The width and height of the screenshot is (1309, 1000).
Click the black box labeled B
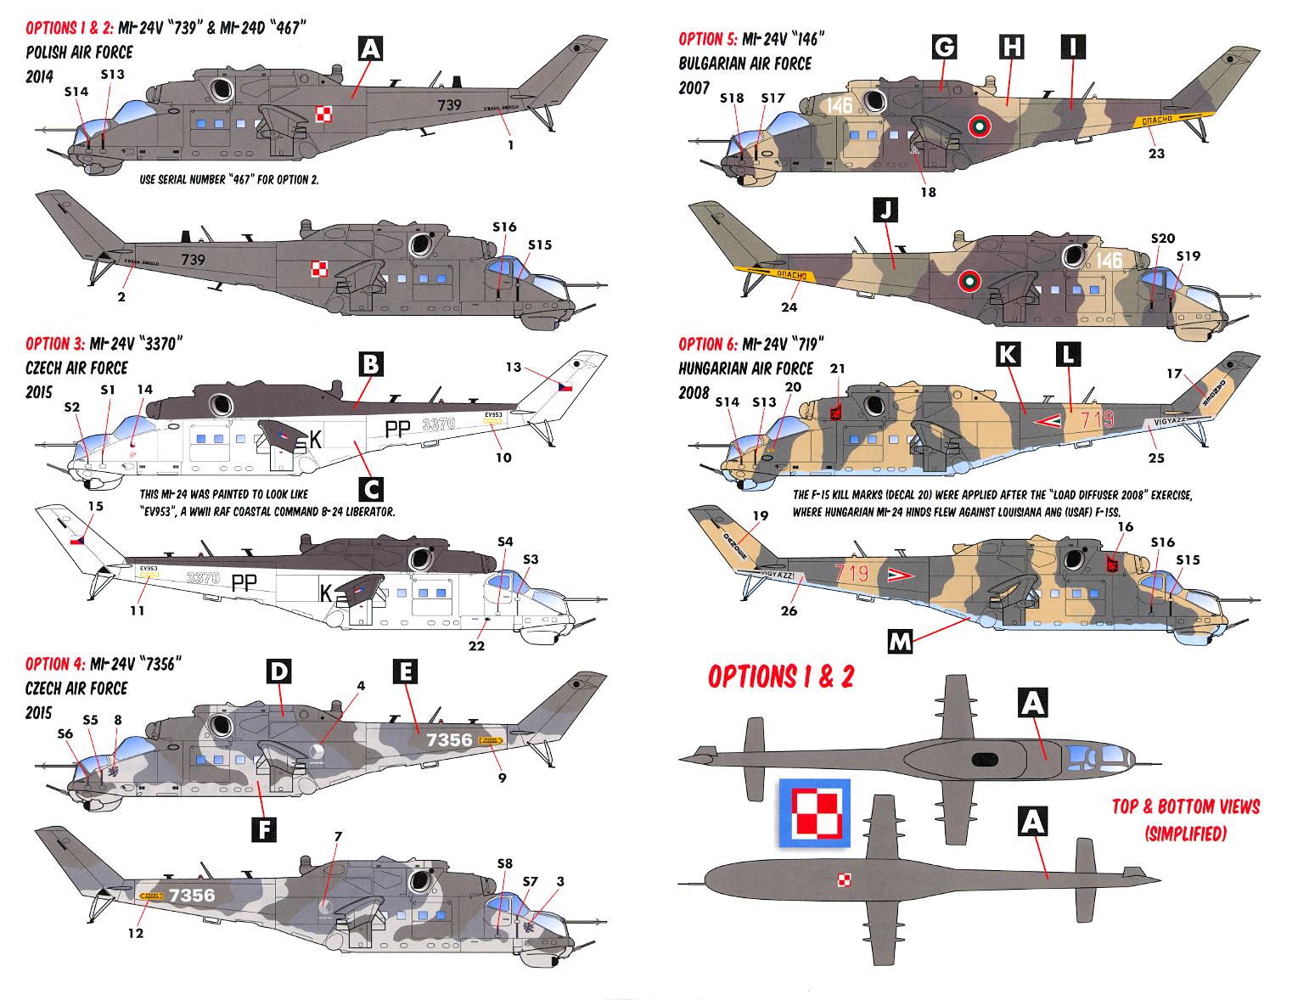point(370,365)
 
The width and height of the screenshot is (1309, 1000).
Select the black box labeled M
point(900,643)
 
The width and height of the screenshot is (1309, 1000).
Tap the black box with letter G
point(943,48)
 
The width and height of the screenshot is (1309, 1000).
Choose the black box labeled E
point(405,672)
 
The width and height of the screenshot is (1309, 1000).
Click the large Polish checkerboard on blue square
point(813,812)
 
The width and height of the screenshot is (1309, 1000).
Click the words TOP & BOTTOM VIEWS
point(1185,806)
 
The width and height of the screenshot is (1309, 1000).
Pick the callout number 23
point(1156,154)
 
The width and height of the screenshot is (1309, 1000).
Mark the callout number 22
point(476,646)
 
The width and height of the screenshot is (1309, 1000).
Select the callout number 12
point(136,933)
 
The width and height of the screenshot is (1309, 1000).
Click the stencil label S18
point(731,98)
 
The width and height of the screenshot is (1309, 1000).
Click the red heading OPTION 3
point(55,344)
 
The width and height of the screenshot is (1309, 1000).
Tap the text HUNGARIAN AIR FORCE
point(745,368)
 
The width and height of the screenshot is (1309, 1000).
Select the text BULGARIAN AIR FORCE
point(744,64)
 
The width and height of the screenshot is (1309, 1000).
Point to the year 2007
point(694,87)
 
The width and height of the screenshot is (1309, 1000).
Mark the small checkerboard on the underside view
point(843,879)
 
